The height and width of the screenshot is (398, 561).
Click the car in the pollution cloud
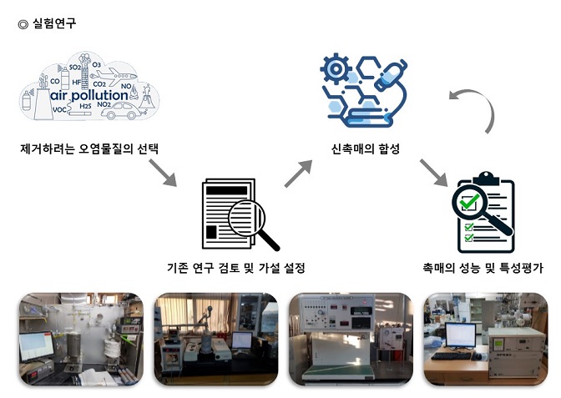pyautogui.click(x=122, y=108)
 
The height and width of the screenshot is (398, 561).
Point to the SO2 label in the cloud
pyautogui.click(x=75, y=66)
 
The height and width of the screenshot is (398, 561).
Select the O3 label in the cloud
pyautogui.click(x=96, y=64)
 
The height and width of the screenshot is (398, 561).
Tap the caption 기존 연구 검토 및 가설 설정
pyautogui.click(x=236, y=268)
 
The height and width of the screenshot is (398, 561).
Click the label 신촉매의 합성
pyautogui.click(x=365, y=149)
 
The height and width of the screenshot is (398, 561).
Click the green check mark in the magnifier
pyautogui.click(x=473, y=204)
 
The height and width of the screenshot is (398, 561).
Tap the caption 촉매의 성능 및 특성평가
pyautogui.click(x=483, y=268)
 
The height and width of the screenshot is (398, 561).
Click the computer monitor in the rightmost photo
pyautogui.click(x=459, y=335)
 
